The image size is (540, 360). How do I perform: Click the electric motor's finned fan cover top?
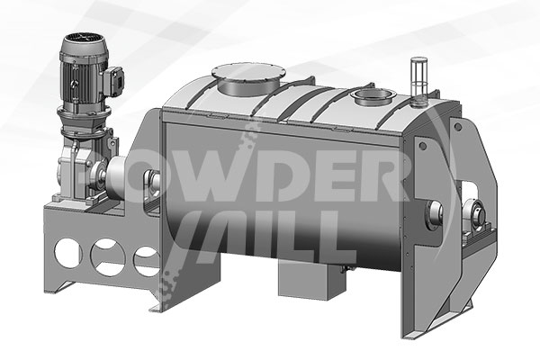click(85, 43)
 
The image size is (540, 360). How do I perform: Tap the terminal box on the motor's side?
click(115, 81)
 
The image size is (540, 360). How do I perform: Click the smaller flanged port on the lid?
click(373, 96)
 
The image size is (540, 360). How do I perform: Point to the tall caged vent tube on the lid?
click(418, 79)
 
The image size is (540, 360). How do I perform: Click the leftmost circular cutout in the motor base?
click(68, 253)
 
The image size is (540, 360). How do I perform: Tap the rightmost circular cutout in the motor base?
click(147, 262)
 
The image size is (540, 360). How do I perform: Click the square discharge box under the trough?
click(311, 279)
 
